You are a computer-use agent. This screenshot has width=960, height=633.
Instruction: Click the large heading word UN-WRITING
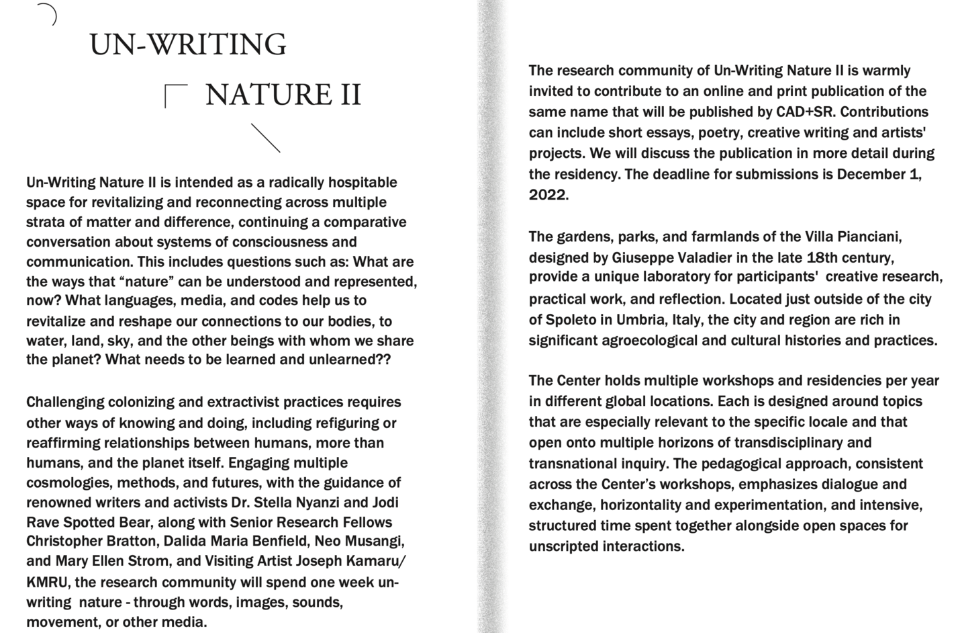[x=187, y=45]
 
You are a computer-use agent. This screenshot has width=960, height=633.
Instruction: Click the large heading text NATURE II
[x=283, y=95]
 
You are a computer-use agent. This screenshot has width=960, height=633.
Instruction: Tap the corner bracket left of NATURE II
[x=175, y=94]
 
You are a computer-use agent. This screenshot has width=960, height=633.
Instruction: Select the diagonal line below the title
[x=266, y=138]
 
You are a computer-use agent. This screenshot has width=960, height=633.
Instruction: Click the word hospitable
[x=363, y=183]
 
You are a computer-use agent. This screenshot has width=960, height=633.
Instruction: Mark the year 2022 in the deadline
[x=547, y=196]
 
